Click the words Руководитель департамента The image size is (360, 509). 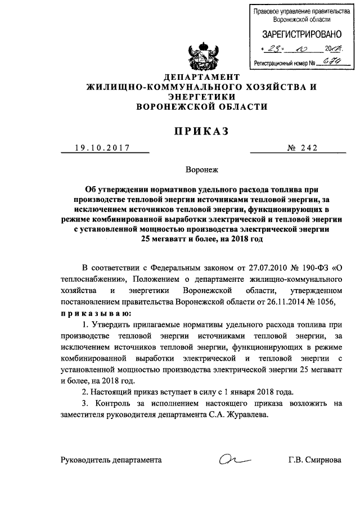[111, 460]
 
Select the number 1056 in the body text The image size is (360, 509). [326, 301]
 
